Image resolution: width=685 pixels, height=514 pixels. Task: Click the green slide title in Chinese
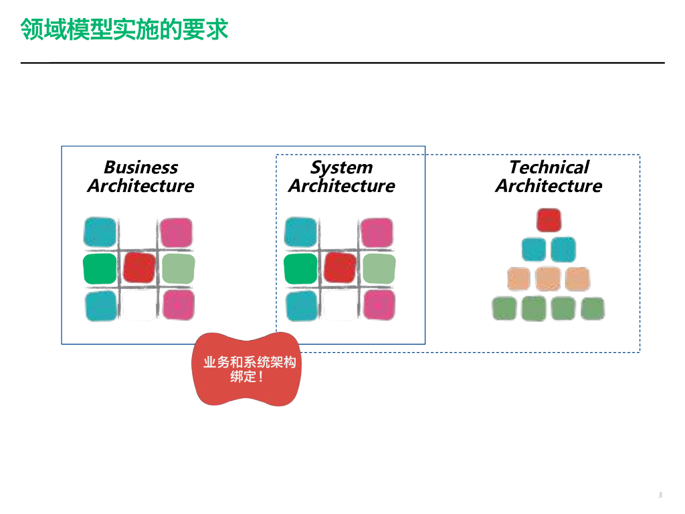(124, 29)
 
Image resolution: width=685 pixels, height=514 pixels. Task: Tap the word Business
(141, 167)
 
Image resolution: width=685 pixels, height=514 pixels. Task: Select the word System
(342, 167)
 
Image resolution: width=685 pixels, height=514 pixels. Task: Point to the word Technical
(549, 167)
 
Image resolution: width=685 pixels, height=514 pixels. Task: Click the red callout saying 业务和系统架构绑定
(247, 369)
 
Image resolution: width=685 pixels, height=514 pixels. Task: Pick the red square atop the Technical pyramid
(549, 220)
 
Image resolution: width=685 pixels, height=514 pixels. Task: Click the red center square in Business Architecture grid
(139, 267)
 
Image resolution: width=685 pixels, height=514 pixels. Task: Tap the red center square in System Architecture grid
(340, 267)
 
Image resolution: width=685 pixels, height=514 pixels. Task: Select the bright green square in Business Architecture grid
(100, 269)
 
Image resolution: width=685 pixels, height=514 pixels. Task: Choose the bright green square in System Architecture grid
(300, 269)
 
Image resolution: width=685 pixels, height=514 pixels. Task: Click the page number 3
(660, 495)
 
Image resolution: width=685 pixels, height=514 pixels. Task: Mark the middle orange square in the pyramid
(549, 279)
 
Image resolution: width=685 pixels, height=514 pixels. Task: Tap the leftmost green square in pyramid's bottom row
(504, 308)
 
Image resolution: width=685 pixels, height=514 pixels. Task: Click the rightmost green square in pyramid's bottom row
(593, 308)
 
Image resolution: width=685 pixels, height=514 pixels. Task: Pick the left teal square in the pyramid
(534, 249)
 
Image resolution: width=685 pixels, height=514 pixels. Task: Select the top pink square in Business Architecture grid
(176, 232)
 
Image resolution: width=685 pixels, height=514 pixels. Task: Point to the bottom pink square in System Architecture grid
(379, 305)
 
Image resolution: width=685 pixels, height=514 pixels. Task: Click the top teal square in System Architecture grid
(300, 232)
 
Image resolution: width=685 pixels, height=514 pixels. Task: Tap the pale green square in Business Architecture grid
(178, 269)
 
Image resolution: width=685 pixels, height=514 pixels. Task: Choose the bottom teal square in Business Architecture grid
(101, 306)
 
